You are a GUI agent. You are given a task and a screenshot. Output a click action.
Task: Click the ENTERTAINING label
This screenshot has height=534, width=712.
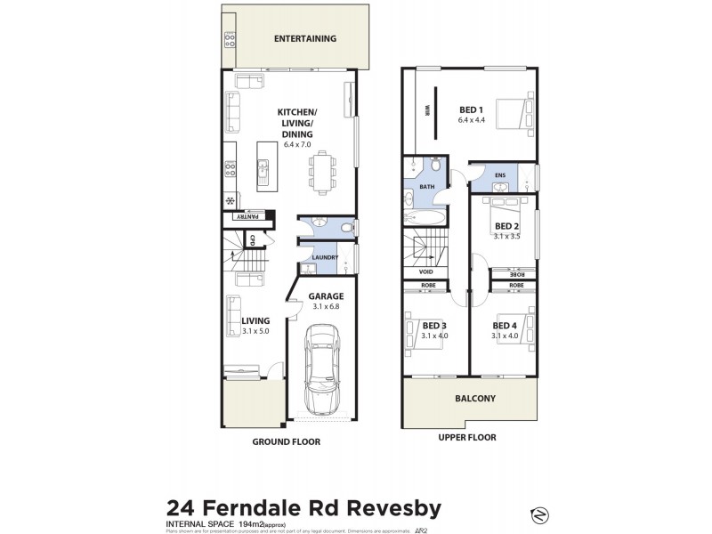pyautogui.click(x=304, y=38)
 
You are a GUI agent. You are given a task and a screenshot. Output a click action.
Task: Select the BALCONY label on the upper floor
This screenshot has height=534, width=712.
pyautogui.click(x=474, y=399)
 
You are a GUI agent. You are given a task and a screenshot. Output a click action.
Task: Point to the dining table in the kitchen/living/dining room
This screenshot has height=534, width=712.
pyautogui.click(x=321, y=172)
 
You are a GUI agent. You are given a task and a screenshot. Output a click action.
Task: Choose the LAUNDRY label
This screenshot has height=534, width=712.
pyautogui.click(x=323, y=258)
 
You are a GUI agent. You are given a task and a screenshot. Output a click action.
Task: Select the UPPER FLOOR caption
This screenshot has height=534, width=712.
pyautogui.click(x=466, y=437)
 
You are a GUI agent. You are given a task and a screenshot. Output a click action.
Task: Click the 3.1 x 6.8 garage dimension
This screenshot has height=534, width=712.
pyautogui.click(x=325, y=307)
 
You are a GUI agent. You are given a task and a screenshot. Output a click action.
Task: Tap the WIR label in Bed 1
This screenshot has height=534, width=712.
pyautogui.click(x=426, y=111)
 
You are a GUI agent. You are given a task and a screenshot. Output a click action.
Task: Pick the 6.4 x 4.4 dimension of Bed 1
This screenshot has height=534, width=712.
pyautogui.click(x=474, y=119)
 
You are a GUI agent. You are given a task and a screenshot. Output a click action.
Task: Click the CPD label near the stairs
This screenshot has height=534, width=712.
pyautogui.click(x=253, y=239)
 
